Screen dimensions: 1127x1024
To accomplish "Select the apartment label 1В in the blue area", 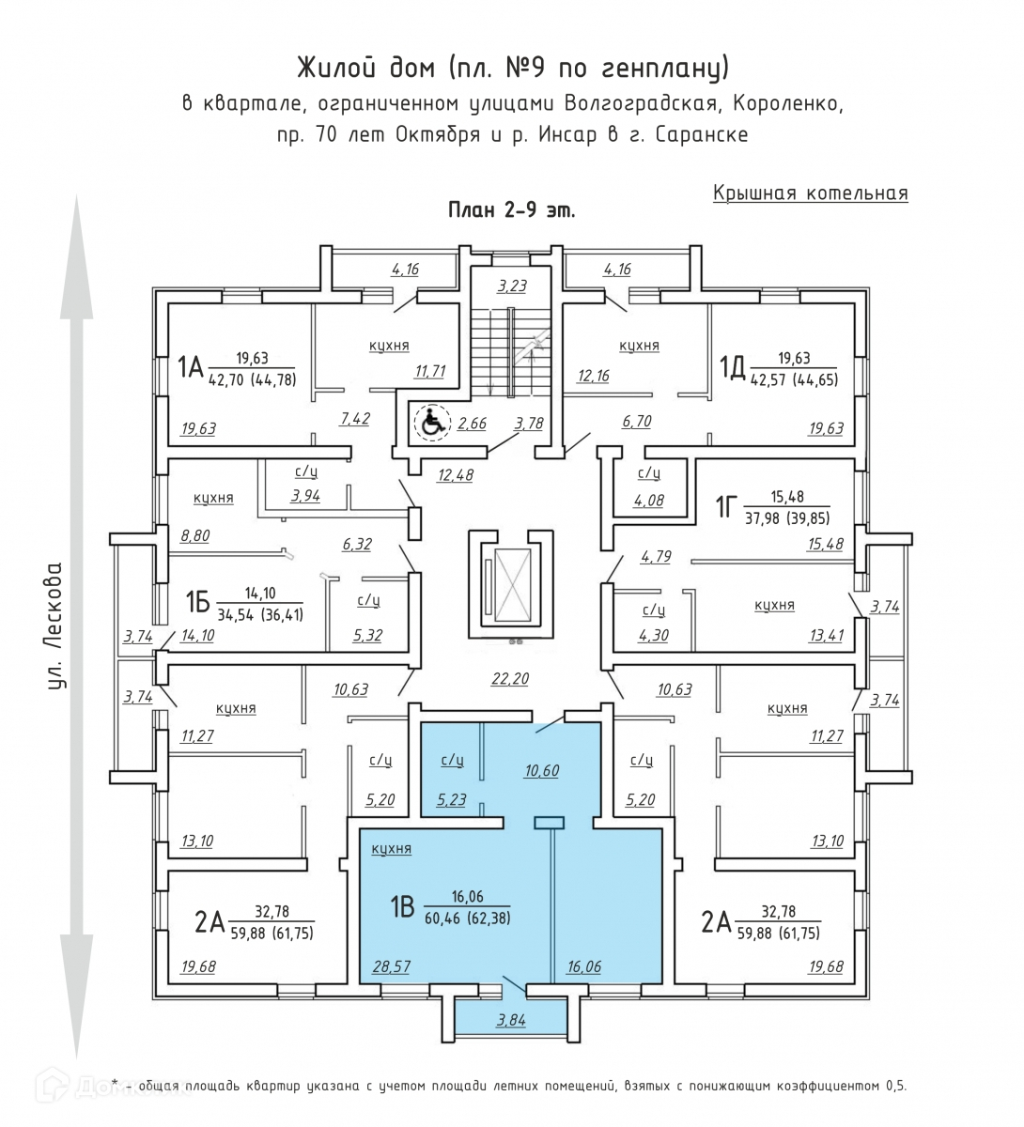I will (x=402, y=907).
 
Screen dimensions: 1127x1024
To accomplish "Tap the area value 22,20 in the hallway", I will (x=511, y=679).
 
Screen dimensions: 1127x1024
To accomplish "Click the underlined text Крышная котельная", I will (x=810, y=193).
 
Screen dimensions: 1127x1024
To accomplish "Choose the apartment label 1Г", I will (x=724, y=508).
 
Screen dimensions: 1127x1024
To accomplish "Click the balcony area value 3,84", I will (x=511, y=1021).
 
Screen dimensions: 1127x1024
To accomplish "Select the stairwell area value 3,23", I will (x=511, y=286).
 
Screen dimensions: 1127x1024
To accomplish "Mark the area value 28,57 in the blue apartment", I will (x=392, y=966).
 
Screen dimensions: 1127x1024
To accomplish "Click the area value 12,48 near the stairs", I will (x=456, y=474).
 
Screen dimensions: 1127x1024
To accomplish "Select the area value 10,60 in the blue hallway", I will (x=542, y=771).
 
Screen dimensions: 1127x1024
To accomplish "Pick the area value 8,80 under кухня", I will (x=195, y=537).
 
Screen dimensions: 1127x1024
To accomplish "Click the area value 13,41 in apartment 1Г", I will (x=826, y=635).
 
